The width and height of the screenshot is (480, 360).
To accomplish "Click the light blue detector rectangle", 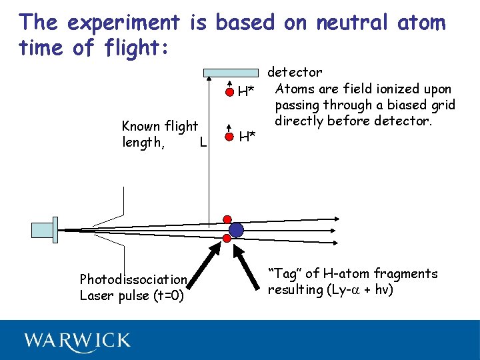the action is tap(231, 73).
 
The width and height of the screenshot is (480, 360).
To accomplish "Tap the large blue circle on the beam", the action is tap(237, 230).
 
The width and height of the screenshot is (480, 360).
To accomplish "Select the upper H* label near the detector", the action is tap(247, 91).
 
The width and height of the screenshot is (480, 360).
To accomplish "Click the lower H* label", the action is tap(248, 137).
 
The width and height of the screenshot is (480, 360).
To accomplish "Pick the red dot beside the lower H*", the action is tap(229, 136).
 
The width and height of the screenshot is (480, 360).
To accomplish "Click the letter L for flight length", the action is tap(203, 142).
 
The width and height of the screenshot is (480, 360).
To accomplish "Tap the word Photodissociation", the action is tap(133, 279).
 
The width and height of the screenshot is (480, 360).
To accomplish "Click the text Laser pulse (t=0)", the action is tap(132, 295).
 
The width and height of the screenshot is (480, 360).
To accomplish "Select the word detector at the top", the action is tap(295, 72).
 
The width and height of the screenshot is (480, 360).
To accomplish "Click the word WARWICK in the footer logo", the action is tap(77, 341).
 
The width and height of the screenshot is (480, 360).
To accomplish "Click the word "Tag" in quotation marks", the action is tap(284, 274).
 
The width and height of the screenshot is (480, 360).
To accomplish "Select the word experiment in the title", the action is tap(124, 23).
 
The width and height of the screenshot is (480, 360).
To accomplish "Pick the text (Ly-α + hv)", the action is tap(356, 290).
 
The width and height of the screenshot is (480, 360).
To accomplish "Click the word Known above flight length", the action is tap(141, 126).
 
